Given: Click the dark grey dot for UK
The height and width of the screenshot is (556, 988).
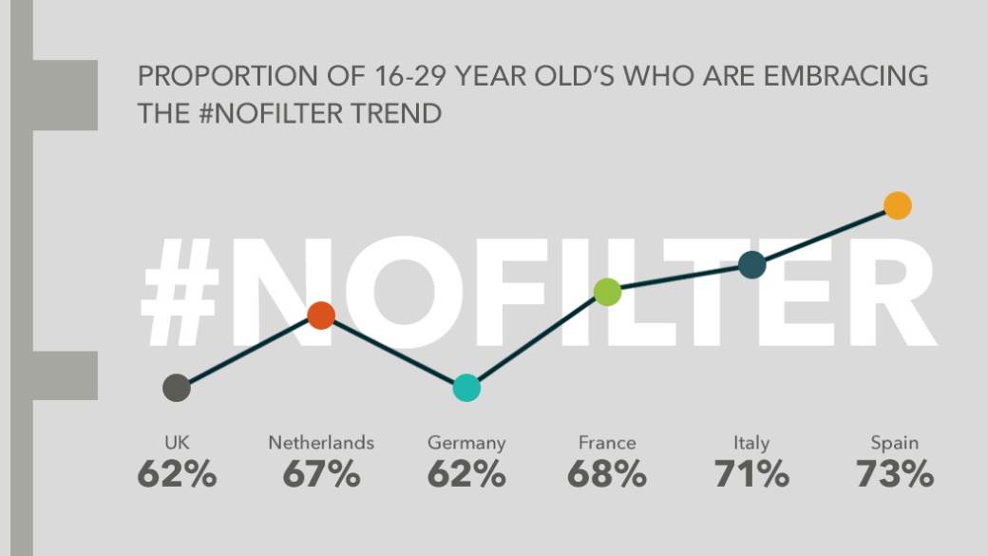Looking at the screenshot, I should [177, 388].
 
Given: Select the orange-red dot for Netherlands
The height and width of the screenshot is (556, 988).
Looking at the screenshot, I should [321, 316].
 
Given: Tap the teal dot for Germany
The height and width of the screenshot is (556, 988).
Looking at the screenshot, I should [466, 388].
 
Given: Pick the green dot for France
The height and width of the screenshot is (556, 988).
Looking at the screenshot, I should [607, 293].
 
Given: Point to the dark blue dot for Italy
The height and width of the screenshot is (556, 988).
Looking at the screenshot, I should [751, 266].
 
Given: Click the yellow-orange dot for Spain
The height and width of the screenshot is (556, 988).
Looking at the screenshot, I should [897, 205].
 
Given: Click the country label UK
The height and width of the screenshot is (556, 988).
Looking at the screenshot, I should [177, 443].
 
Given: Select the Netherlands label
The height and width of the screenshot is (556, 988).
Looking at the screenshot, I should [321, 443].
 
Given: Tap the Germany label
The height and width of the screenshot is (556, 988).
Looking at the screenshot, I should [466, 444].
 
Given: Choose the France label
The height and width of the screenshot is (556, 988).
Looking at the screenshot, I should [607, 443].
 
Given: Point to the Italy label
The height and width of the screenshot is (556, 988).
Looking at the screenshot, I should [751, 443].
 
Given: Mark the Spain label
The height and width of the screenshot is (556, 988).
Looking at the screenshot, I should [895, 444].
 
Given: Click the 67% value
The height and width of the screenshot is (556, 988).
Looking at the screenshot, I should [321, 474].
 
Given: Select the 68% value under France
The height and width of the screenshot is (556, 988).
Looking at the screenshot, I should [607, 474].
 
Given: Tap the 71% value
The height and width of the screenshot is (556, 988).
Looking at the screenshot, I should [751, 474].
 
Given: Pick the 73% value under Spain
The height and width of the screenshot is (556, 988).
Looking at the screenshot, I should [895, 474].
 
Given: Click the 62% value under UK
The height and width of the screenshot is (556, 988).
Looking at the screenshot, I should [177, 474].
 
